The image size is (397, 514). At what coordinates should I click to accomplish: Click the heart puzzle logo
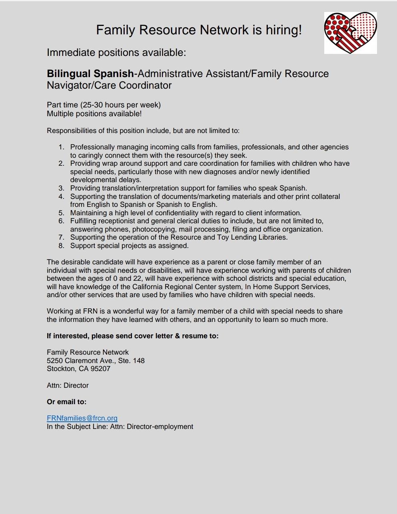pos(350,33)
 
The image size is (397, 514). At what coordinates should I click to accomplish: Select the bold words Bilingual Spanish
pos(90,74)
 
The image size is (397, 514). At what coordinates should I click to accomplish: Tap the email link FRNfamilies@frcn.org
pos(82,418)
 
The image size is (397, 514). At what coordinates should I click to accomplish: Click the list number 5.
pos(61,213)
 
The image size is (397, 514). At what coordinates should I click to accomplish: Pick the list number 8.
pos(61,246)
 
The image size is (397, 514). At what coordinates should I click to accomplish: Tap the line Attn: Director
pos(68,385)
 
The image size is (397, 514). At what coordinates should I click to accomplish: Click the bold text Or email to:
pos(66,402)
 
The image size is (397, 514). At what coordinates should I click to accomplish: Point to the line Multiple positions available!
pos(94,114)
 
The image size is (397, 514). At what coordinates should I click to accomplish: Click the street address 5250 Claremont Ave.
pos(81,361)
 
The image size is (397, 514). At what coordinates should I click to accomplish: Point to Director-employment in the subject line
pos(160,427)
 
